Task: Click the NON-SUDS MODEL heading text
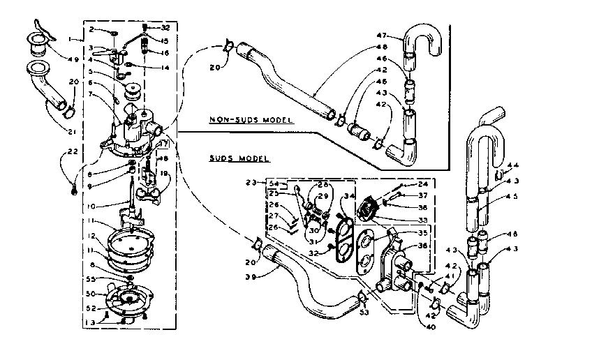click(251, 120)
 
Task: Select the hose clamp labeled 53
click(361, 299)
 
